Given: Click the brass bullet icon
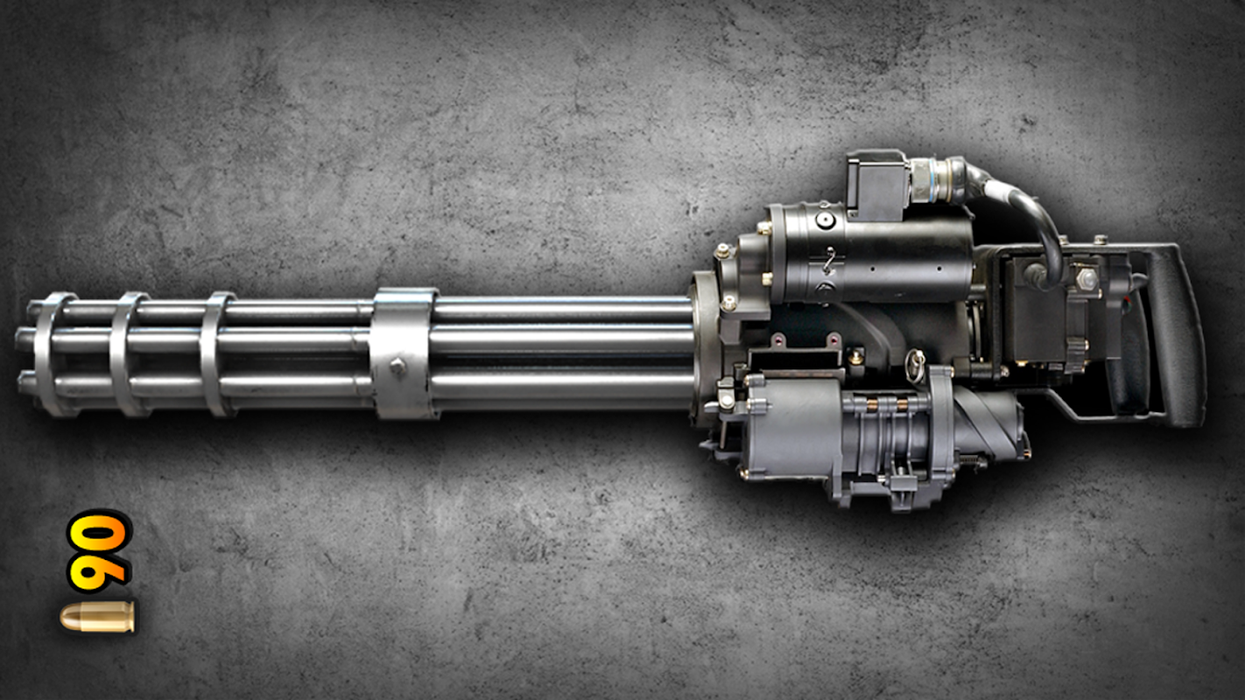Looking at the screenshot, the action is click(x=97, y=617).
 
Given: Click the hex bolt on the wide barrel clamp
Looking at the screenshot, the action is click(x=398, y=367).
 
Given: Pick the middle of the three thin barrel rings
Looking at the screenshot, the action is click(x=128, y=353).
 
